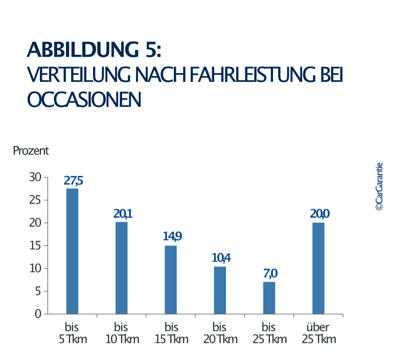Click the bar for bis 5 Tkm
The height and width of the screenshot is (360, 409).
(x=73, y=251)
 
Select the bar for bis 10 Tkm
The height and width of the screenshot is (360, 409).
(x=122, y=268)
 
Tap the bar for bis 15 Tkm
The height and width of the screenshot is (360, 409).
(x=171, y=280)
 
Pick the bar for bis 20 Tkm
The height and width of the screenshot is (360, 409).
(x=220, y=290)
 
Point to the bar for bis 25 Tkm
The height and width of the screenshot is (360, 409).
(x=269, y=298)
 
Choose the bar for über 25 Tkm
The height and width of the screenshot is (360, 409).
(x=318, y=268)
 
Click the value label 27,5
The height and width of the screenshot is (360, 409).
(x=73, y=181)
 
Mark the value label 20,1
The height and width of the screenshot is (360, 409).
(x=122, y=213)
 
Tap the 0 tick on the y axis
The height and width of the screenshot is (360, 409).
(x=38, y=314)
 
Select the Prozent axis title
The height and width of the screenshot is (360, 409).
(x=31, y=151)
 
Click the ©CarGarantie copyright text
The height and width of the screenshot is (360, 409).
(x=379, y=187)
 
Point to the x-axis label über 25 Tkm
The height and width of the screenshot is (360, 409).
(x=318, y=333)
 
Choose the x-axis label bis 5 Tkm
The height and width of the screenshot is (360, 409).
(x=73, y=333)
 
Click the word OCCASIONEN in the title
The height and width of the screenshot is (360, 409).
(x=84, y=99)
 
